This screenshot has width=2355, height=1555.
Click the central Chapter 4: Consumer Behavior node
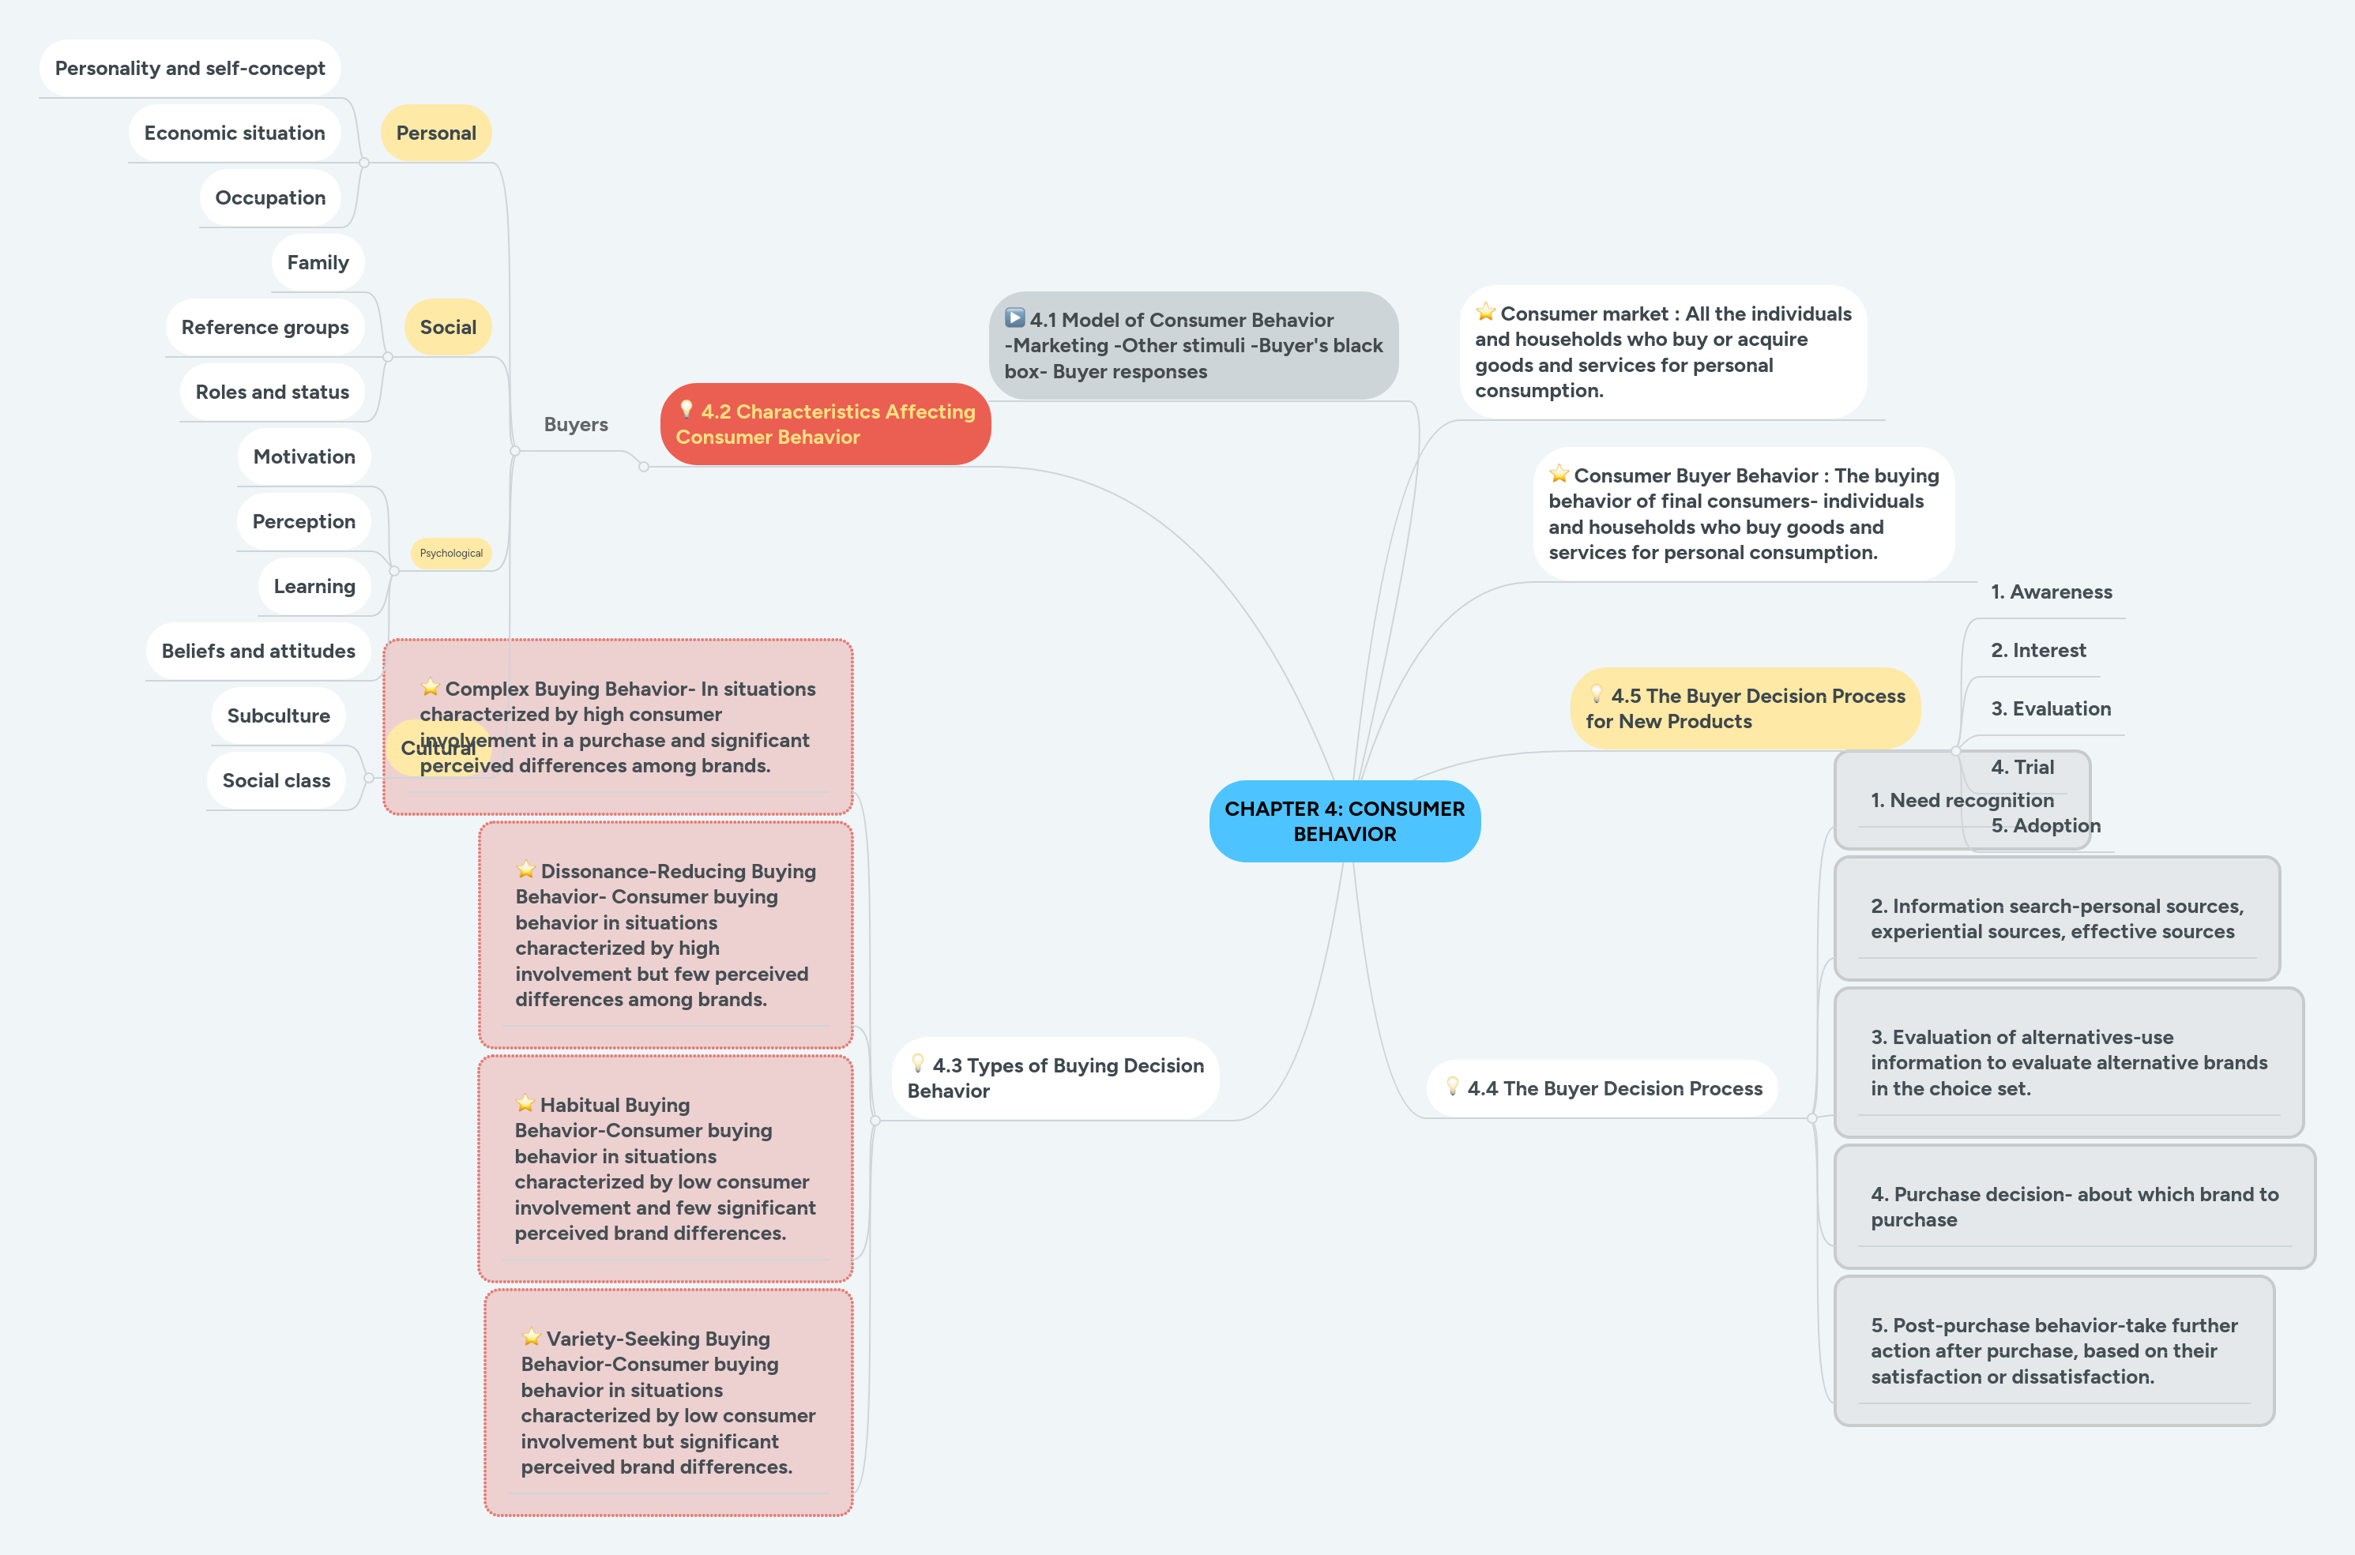(x=1344, y=821)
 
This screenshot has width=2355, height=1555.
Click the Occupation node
(x=270, y=197)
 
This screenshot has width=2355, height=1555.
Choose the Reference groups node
(x=265, y=327)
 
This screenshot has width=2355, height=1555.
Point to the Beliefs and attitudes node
(x=258, y=651)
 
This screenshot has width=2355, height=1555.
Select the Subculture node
(x=278, y=715)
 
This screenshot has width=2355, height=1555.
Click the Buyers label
(x=575, y=424)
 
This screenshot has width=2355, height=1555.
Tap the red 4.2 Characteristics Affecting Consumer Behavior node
(x=826, y=424)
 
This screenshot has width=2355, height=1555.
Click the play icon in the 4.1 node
(x=1014, y=318)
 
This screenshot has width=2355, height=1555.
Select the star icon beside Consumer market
(x=1485, y=313)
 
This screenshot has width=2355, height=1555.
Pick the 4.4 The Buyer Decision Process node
(x=1603, y=1088)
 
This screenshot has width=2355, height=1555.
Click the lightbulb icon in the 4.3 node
(x=918, y=1063)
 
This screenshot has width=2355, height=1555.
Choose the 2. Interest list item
(x=2037, y=651)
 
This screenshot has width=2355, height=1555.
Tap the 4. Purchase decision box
(x=2073, y=1207)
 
